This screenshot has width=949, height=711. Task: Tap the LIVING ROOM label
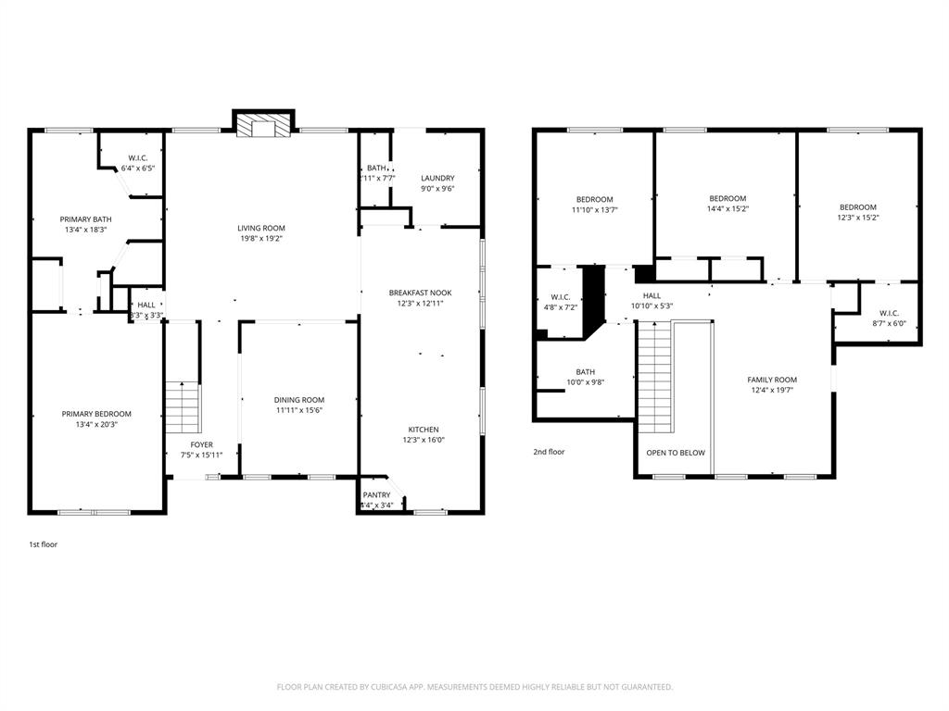tap(261, 228)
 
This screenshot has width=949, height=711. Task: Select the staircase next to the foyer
tap(183, 407)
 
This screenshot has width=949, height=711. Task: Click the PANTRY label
tap(376, 494)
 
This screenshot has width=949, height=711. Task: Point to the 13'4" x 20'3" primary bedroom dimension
tap(96, 425)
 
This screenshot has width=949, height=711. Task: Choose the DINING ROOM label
tap(298, 400)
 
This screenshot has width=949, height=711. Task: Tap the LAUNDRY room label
tap(437, 178)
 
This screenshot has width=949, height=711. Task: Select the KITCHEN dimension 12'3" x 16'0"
tap(424, 441)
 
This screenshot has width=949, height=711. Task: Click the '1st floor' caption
tap(43, 544)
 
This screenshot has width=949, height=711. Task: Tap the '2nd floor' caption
tap(549, 452)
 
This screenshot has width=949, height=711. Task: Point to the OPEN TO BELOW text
tap(676, 453)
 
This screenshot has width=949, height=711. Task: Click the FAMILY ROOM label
tap(772, 380)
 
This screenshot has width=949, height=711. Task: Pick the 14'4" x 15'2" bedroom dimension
tap(728, 209)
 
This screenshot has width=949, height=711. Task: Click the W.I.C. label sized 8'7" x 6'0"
tap(889, 313)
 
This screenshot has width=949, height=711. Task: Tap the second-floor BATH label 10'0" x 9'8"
tap(585, 371)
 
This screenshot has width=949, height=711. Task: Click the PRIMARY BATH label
tap(86, 219)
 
